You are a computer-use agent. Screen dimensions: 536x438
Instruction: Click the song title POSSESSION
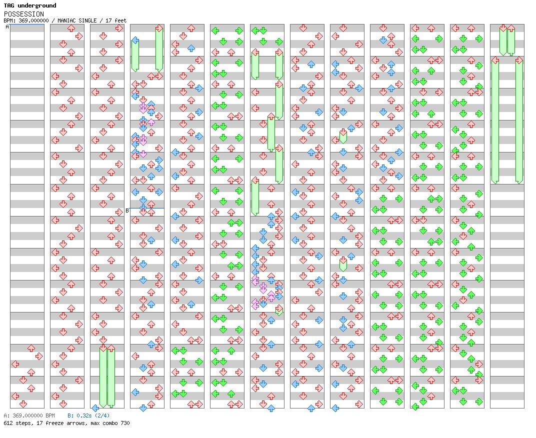23,14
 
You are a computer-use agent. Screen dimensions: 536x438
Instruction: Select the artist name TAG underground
30,5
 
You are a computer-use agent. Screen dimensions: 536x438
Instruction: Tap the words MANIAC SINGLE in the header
77,20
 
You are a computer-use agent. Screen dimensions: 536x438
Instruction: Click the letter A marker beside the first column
7,26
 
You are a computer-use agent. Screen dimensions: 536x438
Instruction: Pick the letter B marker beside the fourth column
127,210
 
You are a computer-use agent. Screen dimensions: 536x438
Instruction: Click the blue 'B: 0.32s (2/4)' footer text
88,415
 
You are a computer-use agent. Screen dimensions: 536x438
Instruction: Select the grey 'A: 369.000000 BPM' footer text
29,415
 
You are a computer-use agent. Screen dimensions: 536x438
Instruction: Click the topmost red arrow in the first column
31,348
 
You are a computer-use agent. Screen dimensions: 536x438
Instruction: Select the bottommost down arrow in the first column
23,404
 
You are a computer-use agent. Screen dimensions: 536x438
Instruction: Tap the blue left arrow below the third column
95,408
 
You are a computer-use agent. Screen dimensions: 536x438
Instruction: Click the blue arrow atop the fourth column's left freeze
135,40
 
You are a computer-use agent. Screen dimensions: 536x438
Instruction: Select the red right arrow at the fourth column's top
159,28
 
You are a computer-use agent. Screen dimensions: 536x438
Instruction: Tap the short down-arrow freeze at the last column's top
503,40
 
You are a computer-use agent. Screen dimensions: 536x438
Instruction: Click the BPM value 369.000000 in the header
33,20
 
